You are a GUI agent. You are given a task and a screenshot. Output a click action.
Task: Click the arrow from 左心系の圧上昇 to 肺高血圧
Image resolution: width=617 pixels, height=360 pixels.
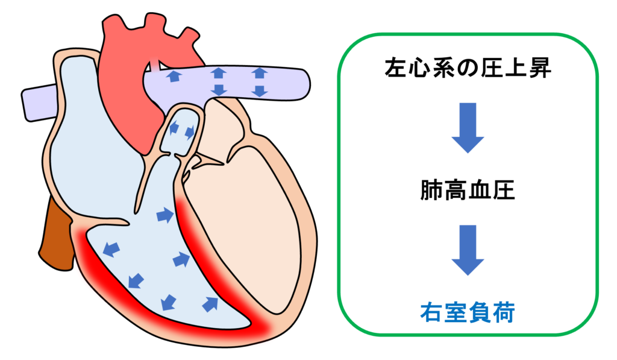coord(468,127)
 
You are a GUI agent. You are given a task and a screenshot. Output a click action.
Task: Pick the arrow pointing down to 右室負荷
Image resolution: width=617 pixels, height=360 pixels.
coord(468,250)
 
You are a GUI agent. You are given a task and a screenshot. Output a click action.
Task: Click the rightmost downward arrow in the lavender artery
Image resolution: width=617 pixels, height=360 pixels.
coord(259,91)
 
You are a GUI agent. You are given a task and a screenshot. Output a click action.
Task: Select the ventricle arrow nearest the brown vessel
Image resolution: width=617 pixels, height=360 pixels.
coord(110,248)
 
